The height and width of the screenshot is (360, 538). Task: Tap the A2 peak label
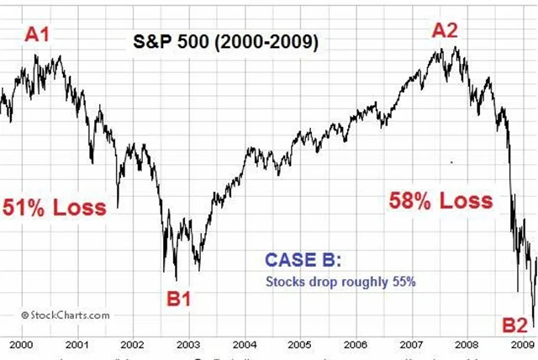click(x=445, y=30)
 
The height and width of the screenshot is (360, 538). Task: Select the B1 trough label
click(x=178, y=297)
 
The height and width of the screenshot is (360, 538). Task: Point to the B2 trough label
click(x=514, y=324)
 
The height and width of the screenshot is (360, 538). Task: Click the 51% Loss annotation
click(x=55, y=207)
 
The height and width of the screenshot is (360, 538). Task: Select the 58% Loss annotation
click(x=440, y=201)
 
